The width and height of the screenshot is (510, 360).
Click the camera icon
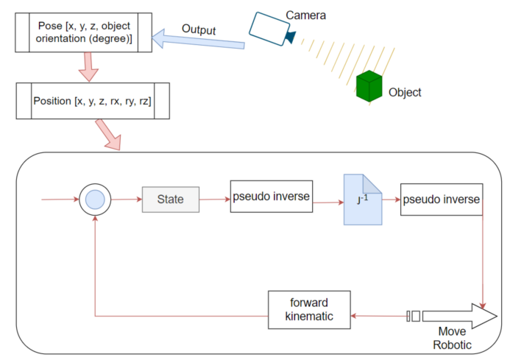[270, 27]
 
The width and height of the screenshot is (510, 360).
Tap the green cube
[370, 87]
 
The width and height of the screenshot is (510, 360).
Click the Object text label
[405, 93]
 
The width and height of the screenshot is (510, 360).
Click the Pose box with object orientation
[84, 32]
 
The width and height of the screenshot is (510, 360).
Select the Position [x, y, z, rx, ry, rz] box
[93, 101]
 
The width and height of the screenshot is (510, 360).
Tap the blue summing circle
[95, 199]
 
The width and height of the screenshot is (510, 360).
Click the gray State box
[170, 199]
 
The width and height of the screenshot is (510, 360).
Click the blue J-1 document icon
[363, 200]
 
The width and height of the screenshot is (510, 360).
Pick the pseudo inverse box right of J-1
[442, 200]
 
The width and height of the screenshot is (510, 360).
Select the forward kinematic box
[309, 310]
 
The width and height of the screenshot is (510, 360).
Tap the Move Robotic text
[452, 337]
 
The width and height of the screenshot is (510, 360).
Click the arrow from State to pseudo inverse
[214, 199]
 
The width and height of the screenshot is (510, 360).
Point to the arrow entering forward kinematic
[379, 316]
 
